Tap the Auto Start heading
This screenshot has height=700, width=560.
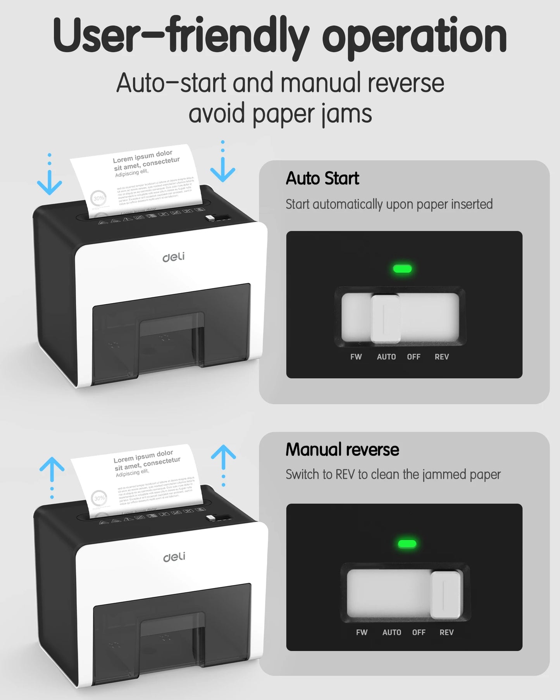pyautogui.click(x=322, y=178)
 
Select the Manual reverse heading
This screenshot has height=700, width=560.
pyautogui.click(x=342, y=450)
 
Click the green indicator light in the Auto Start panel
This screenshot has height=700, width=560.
pyautogui.click(x=402, y=269)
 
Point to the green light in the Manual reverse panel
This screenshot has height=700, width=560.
pyautogui.click(x=407, y=544)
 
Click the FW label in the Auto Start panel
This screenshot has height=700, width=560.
pyautogui.click(x=356, y=357)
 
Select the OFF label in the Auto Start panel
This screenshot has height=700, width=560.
pyautogui.click(x=414, y=357)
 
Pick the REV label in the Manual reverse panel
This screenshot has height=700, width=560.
pyautogui.click(x=446, y=632)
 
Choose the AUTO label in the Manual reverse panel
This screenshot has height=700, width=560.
pyautogui.click(x=391, y=632)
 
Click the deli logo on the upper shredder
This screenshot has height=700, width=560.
pyautogui.click(x=173, y=257)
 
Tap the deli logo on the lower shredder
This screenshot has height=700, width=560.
pyautogui.click(x=174, y=557)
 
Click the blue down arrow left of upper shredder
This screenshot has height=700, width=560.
pyautogui.click(x=50, y=182)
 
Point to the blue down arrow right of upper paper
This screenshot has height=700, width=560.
pyautogui.click(x=222, y=169)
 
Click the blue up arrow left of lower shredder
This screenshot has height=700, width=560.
pyautogui.click(x=52, y=469)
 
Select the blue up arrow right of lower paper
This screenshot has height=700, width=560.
pyautogui.click(x=223, y=457)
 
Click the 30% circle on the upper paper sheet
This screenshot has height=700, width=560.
pyautogui.click(x=98, y=198)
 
